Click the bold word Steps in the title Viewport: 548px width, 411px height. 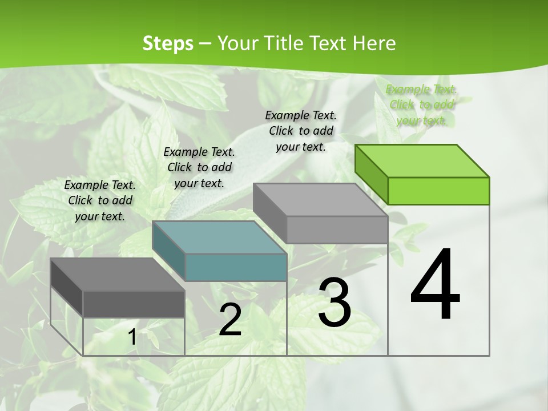(167, 43)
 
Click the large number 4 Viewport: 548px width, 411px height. (435, 285)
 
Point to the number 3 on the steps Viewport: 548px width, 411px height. (335, 303)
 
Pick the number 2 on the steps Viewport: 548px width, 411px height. (230, 320)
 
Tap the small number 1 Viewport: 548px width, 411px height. (132, 337)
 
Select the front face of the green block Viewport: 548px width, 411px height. (438, 191)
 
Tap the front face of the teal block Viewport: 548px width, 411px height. (236, 267)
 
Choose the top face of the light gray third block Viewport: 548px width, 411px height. (320, 199)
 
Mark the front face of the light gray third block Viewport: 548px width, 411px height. (337, 229)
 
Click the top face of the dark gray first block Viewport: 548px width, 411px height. (117, 275)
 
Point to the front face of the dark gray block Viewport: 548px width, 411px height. (134, 304)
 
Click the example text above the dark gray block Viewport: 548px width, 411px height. (100, 201)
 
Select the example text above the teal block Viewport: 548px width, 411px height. (199, 167)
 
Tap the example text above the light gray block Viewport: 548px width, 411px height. (301, 131)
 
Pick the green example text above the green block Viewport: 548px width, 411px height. (422, 104)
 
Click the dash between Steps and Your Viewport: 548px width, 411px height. (205, 44)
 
